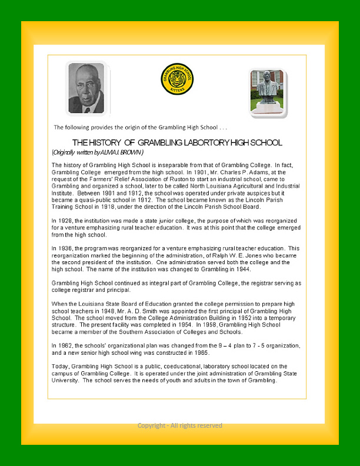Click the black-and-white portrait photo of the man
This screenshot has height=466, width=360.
[x=86, y=88]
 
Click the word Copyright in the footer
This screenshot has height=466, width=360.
[x=151, y=425]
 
